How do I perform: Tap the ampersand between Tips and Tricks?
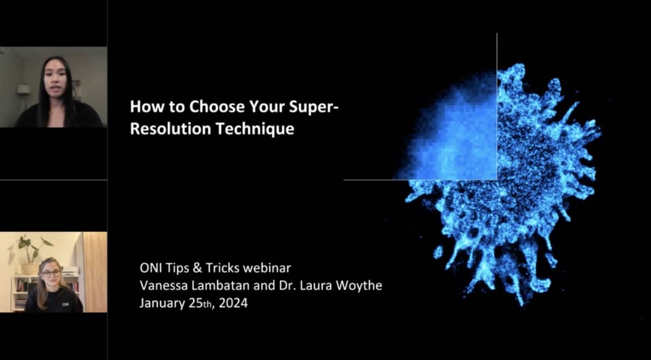(x=193, y=268)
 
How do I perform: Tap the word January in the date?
(x=160, y=304)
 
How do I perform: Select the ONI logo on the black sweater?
(x=66, y=304)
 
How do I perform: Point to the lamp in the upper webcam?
(x=23, y=89)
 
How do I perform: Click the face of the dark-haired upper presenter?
(x=54, y=77)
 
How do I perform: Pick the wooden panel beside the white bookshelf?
(x=94, y=272)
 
